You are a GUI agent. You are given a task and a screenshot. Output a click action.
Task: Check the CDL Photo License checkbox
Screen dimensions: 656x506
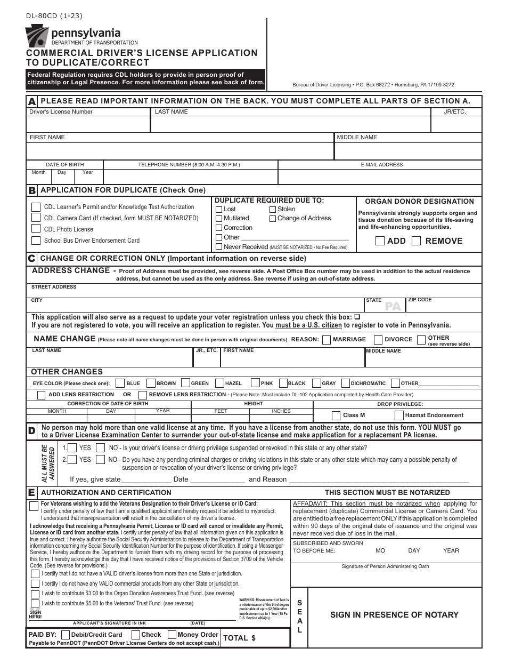click(x=36, y=229)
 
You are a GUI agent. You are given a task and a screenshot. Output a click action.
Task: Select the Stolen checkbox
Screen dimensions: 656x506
click(x=272, y=210)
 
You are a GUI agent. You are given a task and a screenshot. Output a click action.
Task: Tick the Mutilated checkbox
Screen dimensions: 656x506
click(x=219, y=219)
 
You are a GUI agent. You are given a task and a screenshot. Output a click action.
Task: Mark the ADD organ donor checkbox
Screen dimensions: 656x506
click(x=380, y=241)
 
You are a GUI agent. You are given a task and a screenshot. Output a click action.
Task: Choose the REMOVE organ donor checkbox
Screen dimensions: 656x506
click(x=417, y=241)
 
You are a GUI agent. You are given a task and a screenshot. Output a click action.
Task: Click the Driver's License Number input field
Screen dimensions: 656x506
click(x=88, y=124)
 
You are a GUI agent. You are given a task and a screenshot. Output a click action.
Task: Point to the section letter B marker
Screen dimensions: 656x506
click(x=32, y=190)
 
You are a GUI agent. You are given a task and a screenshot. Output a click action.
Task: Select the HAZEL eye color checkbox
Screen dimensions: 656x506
click(x=217, y=383)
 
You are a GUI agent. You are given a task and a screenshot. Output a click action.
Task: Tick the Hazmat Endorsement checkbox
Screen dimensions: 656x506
click(x=399, y=415)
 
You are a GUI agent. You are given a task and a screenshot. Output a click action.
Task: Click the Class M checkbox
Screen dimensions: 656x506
click(x=336, y=415)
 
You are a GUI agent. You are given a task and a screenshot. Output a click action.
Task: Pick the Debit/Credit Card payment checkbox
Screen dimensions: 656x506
click(x=65, y=635)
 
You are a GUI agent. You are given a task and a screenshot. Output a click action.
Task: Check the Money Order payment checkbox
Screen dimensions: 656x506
click(x=172, y=635)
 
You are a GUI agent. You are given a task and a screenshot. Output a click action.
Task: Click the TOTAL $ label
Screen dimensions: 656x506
click(x=239, y=637)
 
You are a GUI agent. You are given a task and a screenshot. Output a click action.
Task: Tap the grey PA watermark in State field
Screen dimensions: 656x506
click(x=393, y=307)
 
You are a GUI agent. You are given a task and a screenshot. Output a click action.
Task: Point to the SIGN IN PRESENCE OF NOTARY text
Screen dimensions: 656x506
click(x=394, y=615)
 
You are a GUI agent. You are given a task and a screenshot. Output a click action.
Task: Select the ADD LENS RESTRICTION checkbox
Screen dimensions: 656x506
click(x=41, y=395)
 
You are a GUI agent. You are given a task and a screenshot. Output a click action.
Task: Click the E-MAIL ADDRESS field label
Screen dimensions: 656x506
click(x=382, y=165)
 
